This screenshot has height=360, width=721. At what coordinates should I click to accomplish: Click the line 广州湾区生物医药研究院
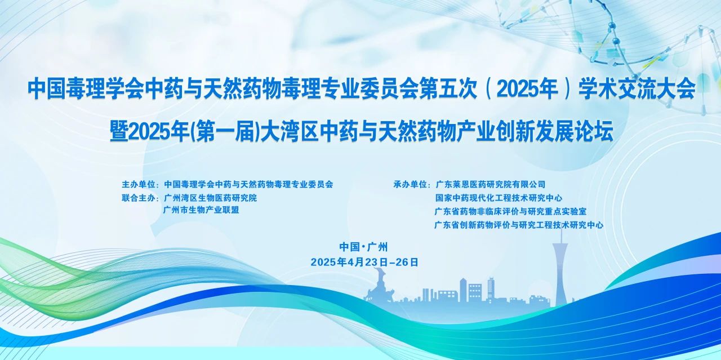coord(210,198)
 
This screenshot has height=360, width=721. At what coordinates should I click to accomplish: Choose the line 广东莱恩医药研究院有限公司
coord(491,184)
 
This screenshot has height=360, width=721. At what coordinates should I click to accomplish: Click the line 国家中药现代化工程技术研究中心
coord(499,198)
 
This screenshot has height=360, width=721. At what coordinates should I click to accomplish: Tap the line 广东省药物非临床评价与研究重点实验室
coord(511,211)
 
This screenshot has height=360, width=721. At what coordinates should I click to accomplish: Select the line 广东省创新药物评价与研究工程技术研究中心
coord(519,225)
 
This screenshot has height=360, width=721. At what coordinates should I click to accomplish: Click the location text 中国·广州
coord(364,246)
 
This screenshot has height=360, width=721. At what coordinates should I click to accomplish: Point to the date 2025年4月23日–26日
coord(364,262)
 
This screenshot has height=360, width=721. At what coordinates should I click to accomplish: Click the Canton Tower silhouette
coord(560,270)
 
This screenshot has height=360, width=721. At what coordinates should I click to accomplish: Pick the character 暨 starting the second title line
coord(119,132)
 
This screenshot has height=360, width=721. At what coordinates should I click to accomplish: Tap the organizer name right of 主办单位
coord(248,184)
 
